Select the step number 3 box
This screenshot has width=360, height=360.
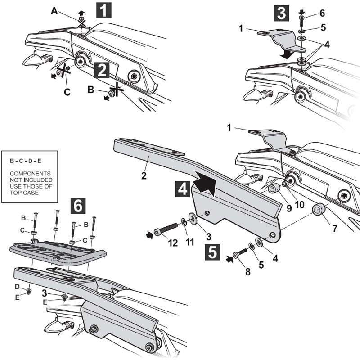(280, 12)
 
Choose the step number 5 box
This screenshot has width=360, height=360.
(212, 253)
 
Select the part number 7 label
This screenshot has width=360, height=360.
(334, 228)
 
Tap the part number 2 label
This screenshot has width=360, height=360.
(144, 175)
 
